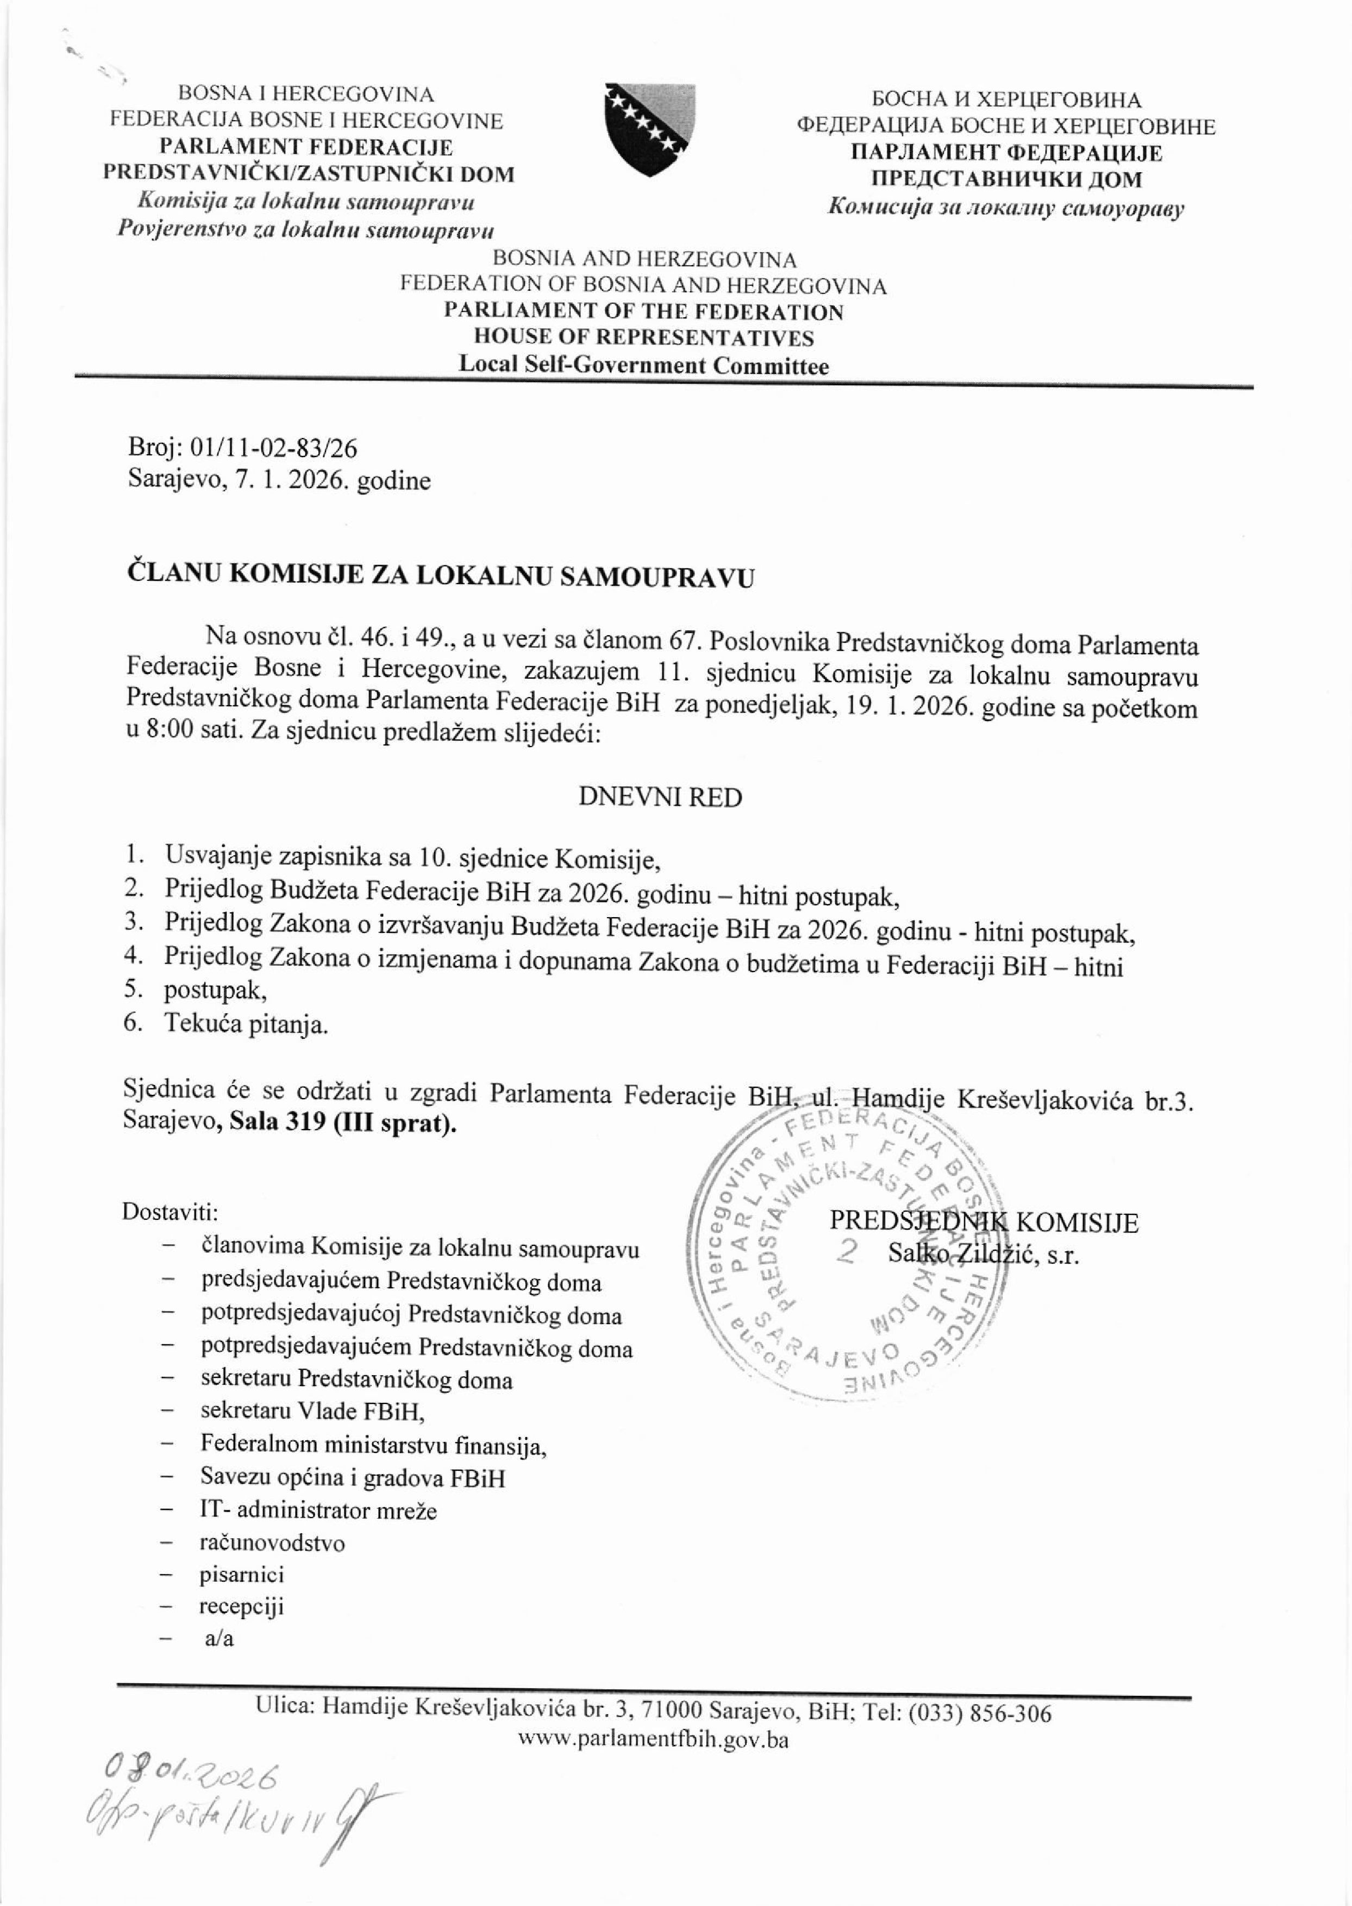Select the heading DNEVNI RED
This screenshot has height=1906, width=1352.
coord(659,798)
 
